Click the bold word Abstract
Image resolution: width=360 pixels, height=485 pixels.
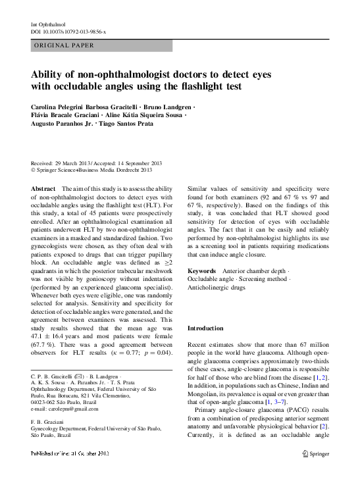(43, 188)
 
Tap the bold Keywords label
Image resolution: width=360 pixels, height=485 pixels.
(201, 270)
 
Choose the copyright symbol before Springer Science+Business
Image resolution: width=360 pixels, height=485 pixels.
(34, 170)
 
